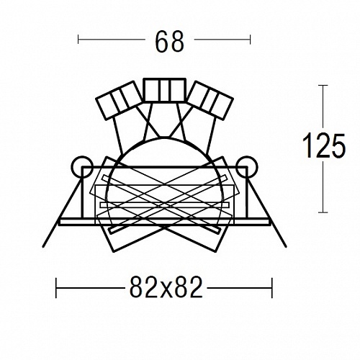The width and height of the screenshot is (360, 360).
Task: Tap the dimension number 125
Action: [324, 146]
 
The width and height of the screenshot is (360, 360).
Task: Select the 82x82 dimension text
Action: [166, 287]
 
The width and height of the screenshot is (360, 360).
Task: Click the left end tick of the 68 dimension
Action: [78, 40]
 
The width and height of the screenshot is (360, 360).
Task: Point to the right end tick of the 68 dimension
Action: [250, 40]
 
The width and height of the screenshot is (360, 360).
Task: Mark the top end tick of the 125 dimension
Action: [323, 86]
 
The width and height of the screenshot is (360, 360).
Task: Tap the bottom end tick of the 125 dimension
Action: [323, 212]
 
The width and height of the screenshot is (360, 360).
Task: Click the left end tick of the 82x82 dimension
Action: [56, 288]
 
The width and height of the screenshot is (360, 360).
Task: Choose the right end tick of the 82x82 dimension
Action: [272, 288]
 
